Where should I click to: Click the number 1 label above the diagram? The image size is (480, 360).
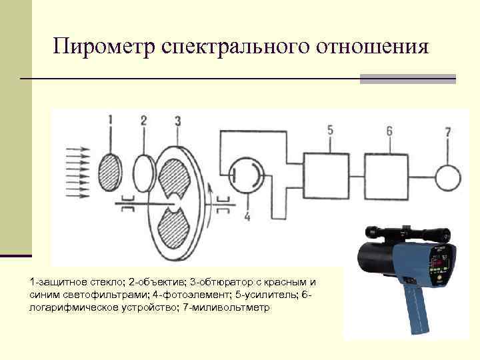pos(111,120)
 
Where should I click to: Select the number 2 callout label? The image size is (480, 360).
pos(143,120)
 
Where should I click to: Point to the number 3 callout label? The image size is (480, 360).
pos(177,120)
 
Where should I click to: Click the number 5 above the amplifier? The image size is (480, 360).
pos(330,130)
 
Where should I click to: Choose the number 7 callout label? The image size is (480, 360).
pos(448,131)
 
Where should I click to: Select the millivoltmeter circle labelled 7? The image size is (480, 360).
pos(448,177)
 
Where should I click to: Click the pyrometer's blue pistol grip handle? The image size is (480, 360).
pos(416,309)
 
